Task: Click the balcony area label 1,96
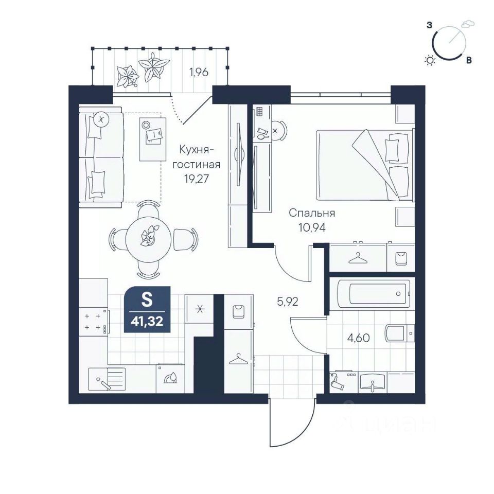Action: coord(199,72)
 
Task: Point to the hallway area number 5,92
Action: coord(287,302)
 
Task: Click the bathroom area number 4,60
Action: coord(358,338)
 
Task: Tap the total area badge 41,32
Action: coord(147,309)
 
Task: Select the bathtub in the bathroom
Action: coord(374,294)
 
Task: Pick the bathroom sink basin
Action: coord(373,382)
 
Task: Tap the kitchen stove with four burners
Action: coord(94,322)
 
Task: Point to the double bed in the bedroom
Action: coord(365,165)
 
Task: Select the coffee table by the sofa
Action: coord(153,139)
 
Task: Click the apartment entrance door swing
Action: coord(292,422)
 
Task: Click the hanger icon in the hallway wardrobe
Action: coord(238,359)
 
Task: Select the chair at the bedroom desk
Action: coord(278,130)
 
